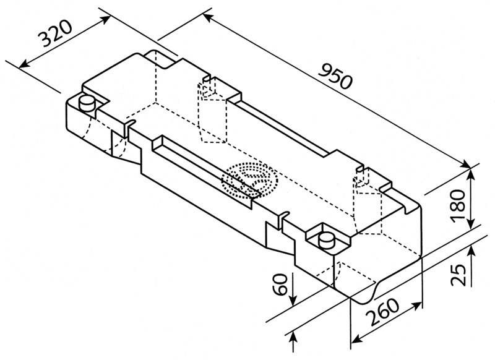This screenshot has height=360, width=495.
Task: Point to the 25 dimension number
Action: point(458,272)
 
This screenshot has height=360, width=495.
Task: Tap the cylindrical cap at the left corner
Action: point(87,103)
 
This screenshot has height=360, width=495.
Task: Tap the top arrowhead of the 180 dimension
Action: point(472,172)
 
